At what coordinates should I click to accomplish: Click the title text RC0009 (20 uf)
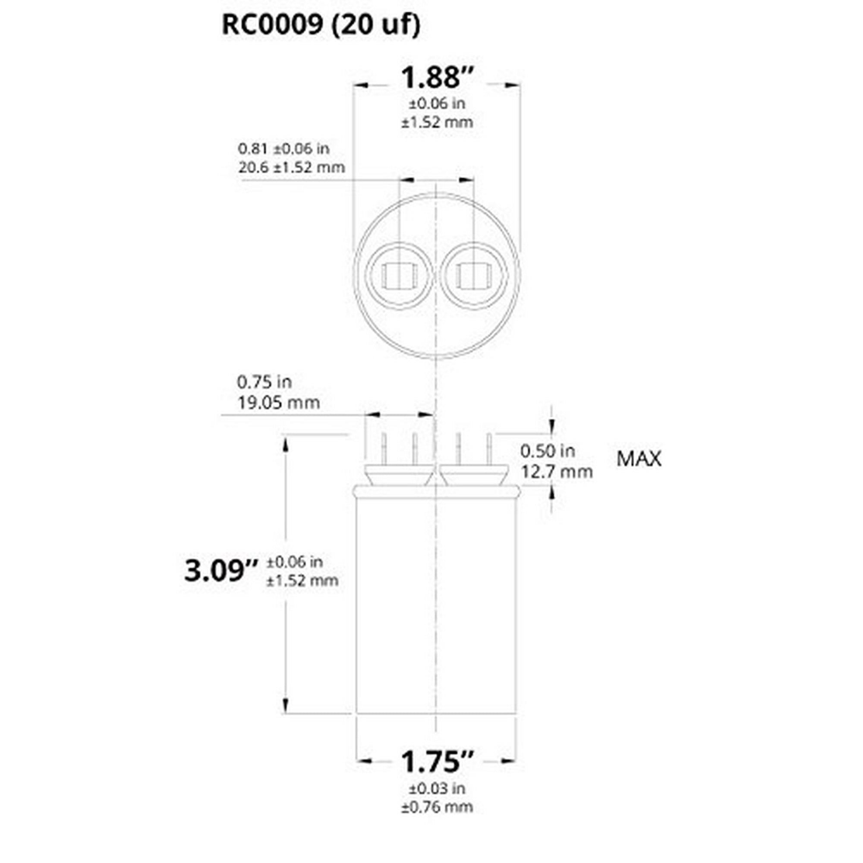(321, 25)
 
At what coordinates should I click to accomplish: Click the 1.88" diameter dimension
(436, 77)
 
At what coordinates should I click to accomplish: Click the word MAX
(638, 459)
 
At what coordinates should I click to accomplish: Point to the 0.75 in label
(264, 382)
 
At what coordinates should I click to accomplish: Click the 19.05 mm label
(278, 403)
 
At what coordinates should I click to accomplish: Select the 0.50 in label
(548, 451)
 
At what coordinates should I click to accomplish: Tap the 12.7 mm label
(557, 471)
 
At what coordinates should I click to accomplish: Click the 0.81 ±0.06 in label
(283, 148)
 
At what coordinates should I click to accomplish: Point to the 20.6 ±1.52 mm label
(291, 167)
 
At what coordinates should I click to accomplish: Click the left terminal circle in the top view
(399, 276)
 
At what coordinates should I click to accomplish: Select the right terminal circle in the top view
(474, 276)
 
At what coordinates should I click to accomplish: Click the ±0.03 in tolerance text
(436, 788)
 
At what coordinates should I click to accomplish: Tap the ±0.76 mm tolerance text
(436, 807)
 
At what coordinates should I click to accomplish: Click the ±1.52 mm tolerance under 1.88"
(436, 122)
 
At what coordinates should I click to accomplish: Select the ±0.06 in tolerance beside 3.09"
(295, 561)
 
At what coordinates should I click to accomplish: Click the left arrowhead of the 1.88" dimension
(360, 85)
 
